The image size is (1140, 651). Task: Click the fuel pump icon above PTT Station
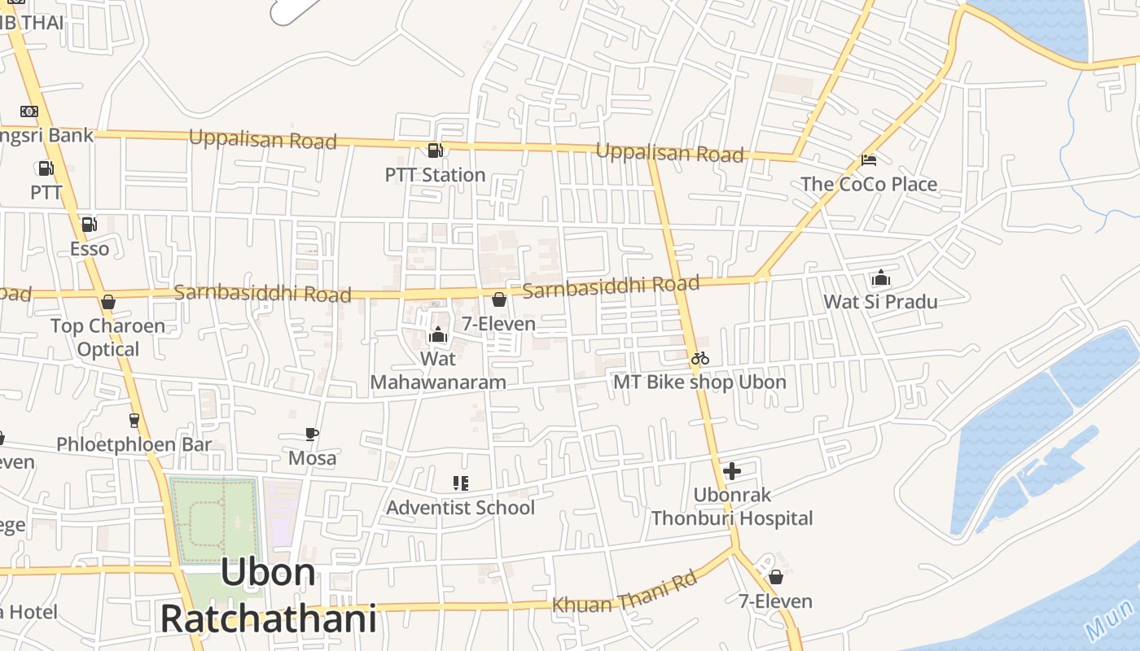(435, 151)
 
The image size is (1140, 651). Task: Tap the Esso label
(90, 248)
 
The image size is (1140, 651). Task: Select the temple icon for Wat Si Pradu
(880, 278)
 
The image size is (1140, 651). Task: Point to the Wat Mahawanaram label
(438, 370)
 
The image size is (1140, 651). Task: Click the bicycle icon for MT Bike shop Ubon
(699, 358)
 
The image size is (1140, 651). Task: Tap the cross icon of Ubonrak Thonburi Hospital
(731, 470)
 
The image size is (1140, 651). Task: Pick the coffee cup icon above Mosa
(312, 434)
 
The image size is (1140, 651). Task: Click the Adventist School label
(460, 508)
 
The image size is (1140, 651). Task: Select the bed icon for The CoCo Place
(869, 160)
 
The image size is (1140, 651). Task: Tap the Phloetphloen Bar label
(134, 444)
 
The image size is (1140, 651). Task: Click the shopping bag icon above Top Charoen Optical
(108, 303)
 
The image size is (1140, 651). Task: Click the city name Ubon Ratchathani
(268, 596)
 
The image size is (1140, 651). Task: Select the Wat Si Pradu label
(880, 302)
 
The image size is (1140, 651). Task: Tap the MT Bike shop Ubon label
(699, 382)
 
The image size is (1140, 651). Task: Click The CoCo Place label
(869, 184)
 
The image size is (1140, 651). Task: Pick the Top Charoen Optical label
(107, 338)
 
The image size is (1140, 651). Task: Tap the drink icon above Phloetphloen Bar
(134, 421)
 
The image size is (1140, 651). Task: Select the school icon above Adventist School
(460, 483)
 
